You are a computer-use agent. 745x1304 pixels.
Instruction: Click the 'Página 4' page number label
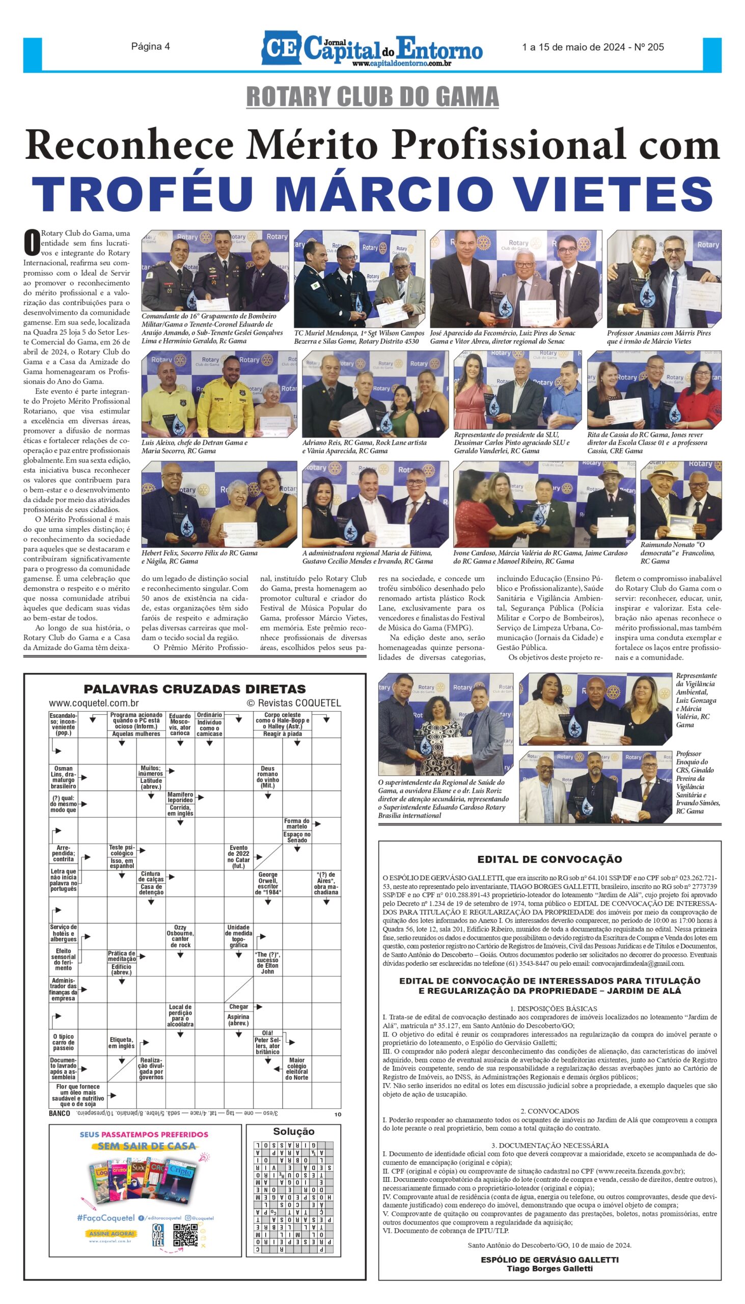click(x=150, y=46)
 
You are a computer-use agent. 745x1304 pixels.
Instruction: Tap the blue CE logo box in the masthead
click(x=281, y=48)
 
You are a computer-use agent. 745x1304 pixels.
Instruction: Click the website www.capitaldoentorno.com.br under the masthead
click(x=401, y=64)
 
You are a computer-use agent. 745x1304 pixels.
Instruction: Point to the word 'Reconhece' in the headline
click(x=129, y=145)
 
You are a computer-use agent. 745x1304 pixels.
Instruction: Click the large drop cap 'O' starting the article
click(x=32, y=242)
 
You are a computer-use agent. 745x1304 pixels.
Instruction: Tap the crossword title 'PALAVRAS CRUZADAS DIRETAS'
click(x=195, y=689)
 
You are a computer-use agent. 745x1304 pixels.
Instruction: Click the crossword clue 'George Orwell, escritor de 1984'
click(x=268, y=883)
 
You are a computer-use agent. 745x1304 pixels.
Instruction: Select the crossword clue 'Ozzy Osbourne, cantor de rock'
click(x=180, y=937)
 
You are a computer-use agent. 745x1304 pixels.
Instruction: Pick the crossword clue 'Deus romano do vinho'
click(x=268, y=777)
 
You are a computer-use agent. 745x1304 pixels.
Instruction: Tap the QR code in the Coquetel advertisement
click(x=185, y=1235)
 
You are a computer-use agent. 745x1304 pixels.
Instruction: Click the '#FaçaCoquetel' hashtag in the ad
click(x=105, y=1218)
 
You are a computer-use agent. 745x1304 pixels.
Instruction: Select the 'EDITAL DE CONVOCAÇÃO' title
click(x=549, y=859)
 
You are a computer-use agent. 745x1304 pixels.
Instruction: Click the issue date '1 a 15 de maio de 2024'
click(x=573, y=47)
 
